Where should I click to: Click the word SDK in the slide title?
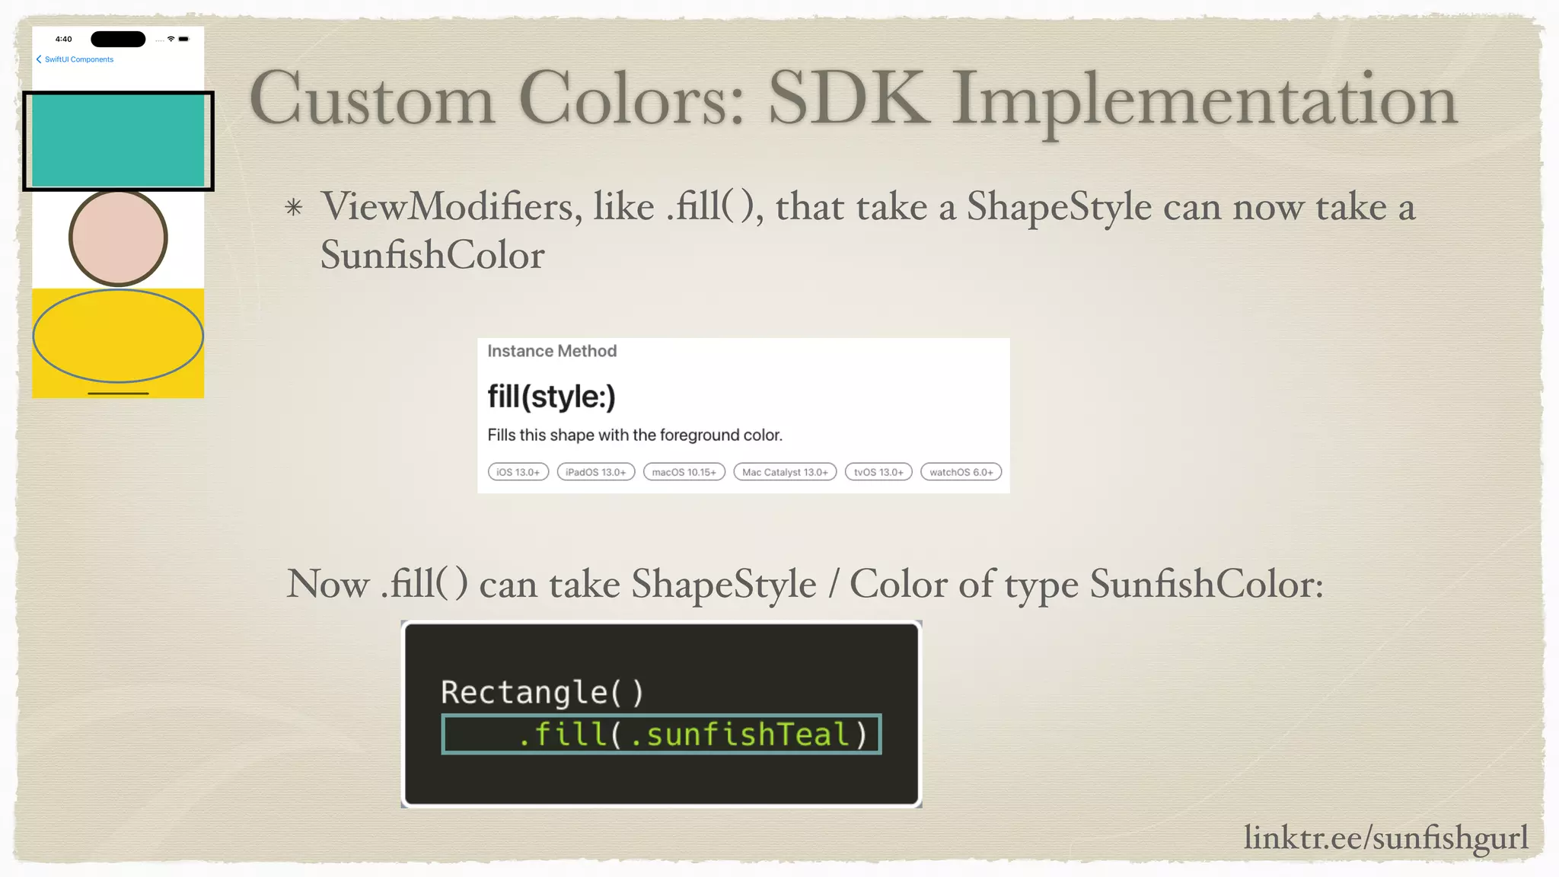pyautogui.click(x=849, y=99)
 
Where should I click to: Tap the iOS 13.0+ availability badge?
pyautogui.click(x=518, y=472)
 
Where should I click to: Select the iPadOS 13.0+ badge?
pyautogui.click(x=595, y=472)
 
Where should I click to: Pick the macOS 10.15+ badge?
pyautogui.click(x=684, y=472)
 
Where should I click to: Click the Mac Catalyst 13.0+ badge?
pyautogui.click(x=785, y=472)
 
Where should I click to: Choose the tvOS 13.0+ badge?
pyautogui.click(x=878, y=472)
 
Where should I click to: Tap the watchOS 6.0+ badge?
pyautogui.click(x=961, y=472)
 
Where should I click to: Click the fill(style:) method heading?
pyautogui.click(x=551, y=397)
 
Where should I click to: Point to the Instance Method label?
pyautogui.click(x=552, y=351)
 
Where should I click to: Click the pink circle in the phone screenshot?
pyautogui.click(x=118, y=238)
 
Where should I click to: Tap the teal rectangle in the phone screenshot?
pyautogui.click(x=118, y=141)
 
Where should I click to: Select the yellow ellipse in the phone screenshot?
pyautogui.click(x=118, y=336)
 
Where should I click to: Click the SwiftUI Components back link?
pyautogui.click(x=78, y=59)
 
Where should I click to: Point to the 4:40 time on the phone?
pyautogui.click(x=64, y=39)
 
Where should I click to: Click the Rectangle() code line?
pyautogui.click(x=542, y=692)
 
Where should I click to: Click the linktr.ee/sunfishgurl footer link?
pyautogui.click(x=1385, y=837)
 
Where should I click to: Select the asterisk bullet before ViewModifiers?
pyautogui.click(x=294, y=207)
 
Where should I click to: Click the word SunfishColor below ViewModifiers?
pyautogui.click(x=432, y=255)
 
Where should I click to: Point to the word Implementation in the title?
pyautogui.click(x=1204, y=99)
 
